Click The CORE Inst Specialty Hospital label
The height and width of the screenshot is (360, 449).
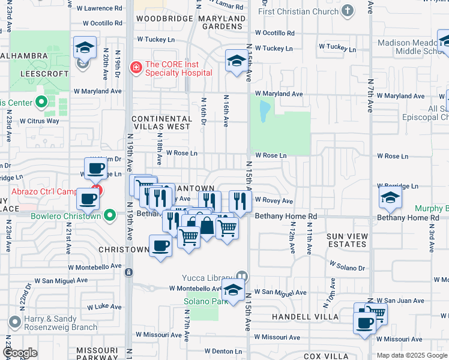tap(178, 68)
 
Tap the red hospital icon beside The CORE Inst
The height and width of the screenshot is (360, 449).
tap(136, 67)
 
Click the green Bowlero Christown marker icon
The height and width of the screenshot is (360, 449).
tap(109, 215)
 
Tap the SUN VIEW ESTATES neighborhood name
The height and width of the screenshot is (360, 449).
tap(347, 240)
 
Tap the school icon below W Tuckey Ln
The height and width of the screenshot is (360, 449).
tap(237, 61)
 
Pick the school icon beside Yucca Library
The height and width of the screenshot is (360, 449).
tap(232, 290)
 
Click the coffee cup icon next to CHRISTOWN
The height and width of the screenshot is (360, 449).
tap(160, 246)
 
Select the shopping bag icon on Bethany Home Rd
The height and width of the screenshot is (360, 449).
tap(206, 226)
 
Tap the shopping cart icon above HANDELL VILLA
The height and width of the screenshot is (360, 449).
tap(376, 312)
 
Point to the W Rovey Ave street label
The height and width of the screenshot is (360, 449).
tap(274, 201)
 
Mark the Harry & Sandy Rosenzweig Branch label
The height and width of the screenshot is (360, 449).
tap(59, 323)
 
